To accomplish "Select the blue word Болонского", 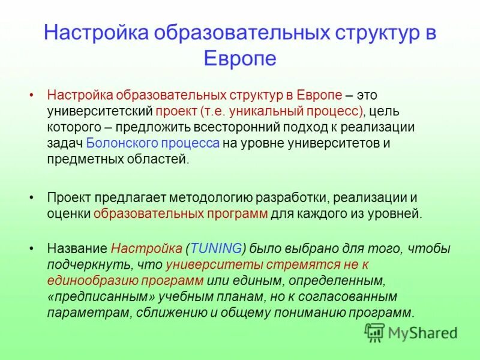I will click(115, 143).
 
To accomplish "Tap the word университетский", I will click(99, 112).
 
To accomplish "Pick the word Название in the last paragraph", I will click(77, 248).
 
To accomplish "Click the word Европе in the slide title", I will click(240, 58).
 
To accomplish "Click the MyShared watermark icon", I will click(375, 332).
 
